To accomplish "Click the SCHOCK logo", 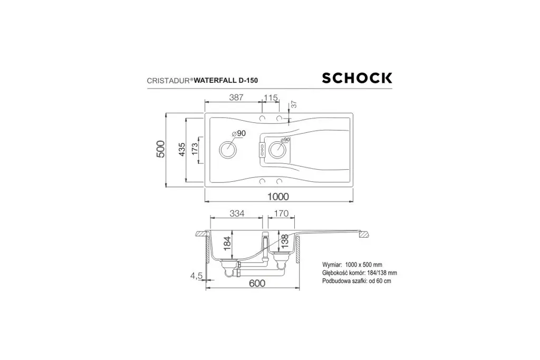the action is pyautogui.click(x=357, y=78).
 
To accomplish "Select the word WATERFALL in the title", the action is pyautogui.click(x=215, y=81).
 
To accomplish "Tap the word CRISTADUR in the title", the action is pyautogui.click(x=168, y=81).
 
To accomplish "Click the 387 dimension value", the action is pyautogui.click(x=236, y=98).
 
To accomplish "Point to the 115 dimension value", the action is pyautogui.click(x=271, y=98).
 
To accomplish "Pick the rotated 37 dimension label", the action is pyautogui.click(x=294, y=104).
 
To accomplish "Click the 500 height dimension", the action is pyautogui.click(x=161, y=149).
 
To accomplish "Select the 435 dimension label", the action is pyautogui.click(x=182, y=149).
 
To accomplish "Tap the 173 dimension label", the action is pyautogui.click(x=195, y=149).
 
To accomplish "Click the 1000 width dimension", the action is pyautogui.click(x=278, y=197).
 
